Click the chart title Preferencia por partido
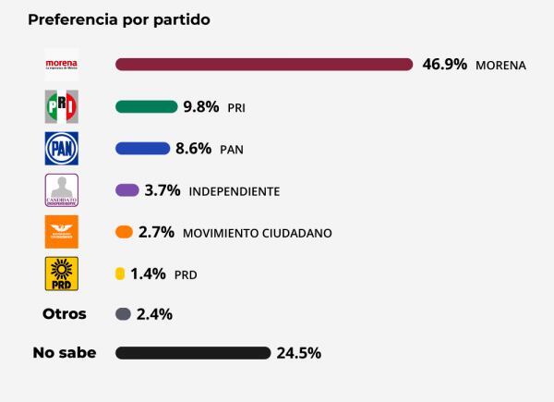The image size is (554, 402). coord(119,19)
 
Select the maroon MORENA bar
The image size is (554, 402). coord(263,64)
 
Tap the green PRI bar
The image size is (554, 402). coord(146,106)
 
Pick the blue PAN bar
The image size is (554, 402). coord(142,148)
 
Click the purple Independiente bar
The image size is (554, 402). coord(127,189)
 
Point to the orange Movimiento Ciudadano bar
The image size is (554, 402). coord(124,232)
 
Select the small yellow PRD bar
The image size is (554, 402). coord(119,274)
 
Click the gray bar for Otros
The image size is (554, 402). coord(123,314)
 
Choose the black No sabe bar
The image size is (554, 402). coord(192,353)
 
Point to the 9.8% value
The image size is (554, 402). coord(200,106)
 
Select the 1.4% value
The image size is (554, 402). coord(148,274)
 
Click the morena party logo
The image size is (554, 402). coord(62,65)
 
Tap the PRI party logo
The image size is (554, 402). coord(62,106)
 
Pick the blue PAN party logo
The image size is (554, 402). coord(62,148)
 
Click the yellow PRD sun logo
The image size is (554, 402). coord(62,274)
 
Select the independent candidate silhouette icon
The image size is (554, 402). coord(62,189)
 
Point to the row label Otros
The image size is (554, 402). coord(65,314)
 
